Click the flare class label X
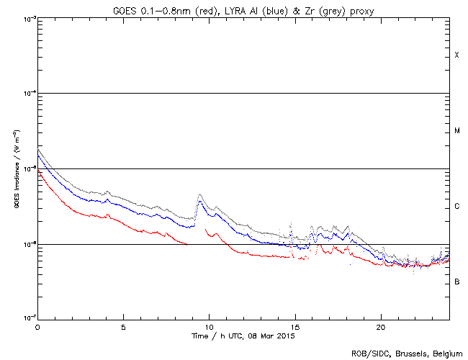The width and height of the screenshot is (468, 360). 456,55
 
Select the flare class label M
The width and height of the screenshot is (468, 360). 456,131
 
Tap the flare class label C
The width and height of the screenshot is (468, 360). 456,207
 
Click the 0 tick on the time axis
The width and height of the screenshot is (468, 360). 37,327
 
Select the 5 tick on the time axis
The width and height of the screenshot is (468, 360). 123,327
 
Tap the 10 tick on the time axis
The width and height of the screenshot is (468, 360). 209,327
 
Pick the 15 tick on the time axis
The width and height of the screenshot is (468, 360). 294,327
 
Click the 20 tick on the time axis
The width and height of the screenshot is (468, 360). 380,327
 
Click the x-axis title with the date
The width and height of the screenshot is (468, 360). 243,336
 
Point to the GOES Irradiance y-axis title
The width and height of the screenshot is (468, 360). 16,169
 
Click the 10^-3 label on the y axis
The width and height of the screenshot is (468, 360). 27,19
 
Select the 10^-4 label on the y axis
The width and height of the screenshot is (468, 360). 27,94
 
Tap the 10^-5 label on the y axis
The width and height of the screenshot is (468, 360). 27,169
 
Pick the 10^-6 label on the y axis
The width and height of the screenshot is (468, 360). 27,244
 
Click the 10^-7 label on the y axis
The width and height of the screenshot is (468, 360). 27,319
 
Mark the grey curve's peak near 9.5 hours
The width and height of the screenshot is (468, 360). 199,194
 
